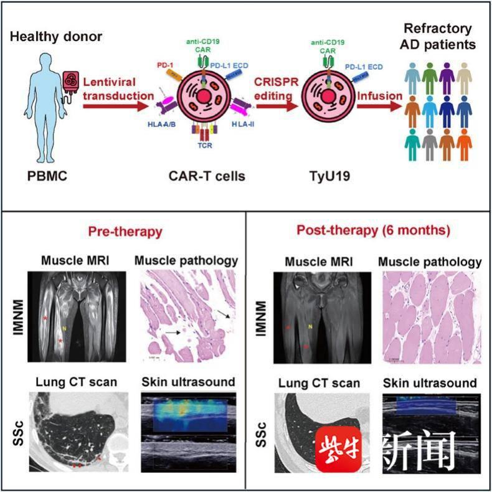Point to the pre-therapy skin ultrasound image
pyautogui.click(x=187, y=435)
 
